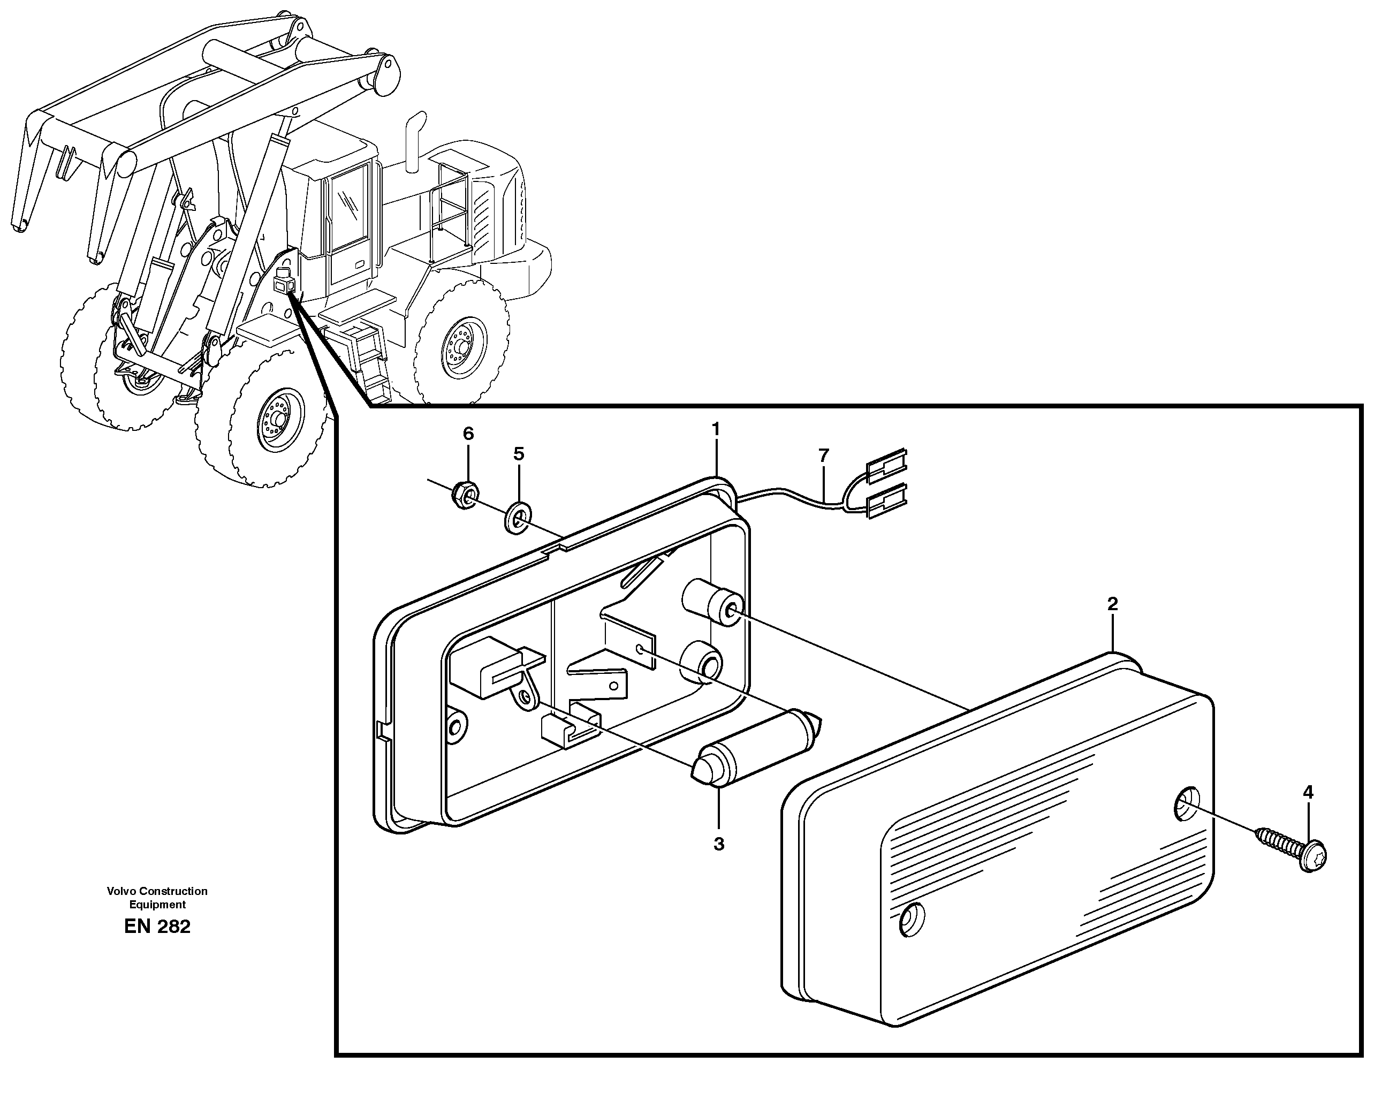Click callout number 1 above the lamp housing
click(x=715, y=429)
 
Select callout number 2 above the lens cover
click(x=1112, y=604)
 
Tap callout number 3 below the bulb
click(x=719, y=844)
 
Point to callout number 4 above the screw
click(x=1308, y=793)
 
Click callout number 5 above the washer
click(x=518, y=454)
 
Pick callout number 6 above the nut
click(x=468, y=434)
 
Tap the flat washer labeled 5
click(x=517, y=518)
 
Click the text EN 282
click(x=157, y=927)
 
